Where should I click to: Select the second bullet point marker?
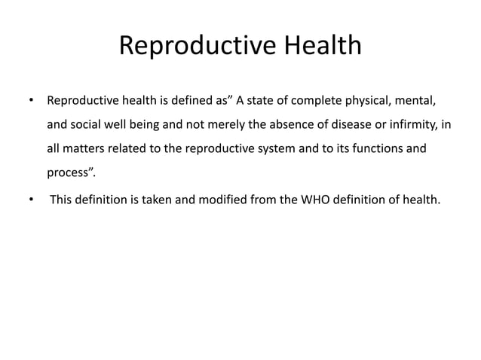point(30,200)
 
